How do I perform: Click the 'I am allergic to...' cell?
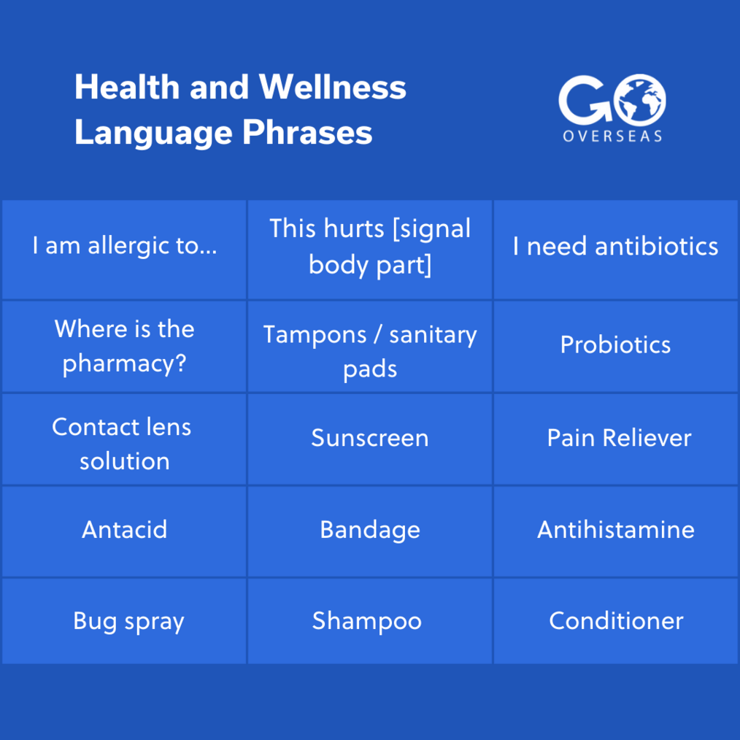tap(124, 249)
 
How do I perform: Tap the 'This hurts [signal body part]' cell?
tap(370, 249)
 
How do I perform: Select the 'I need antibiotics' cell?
tap(615, 249)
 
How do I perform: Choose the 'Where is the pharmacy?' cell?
tap(124, 347)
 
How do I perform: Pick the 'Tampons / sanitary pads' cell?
tap(370, 347)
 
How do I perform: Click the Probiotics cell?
tap(615, 347)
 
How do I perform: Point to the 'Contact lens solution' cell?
tap(124, 439)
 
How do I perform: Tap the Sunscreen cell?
tap(370, 439)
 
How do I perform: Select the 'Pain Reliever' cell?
tap(615, 439)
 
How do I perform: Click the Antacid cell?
tap(124, 531)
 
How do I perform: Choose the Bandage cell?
tap(370, 531)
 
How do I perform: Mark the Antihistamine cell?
tap(615, 531)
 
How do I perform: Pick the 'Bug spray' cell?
tap(124, 621)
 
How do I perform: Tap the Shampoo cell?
tap(370, 621)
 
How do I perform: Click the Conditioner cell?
tap(615, 621)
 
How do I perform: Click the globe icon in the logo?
tap(640, 100)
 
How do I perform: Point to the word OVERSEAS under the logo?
tap(612, 136)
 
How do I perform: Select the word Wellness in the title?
tap(333, 88)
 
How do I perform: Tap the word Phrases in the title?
tap(307, 133)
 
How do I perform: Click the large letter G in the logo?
tap(585, 100)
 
